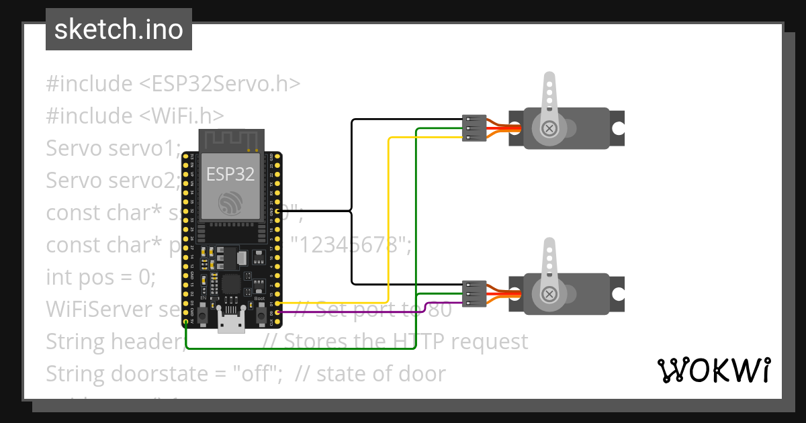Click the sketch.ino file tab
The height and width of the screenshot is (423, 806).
(118, 30)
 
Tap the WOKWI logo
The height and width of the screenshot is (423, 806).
(713, 370)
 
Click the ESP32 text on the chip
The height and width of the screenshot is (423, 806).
(230, 175)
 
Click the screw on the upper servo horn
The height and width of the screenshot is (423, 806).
(549, 128)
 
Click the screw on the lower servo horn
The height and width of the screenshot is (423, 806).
(549, 294)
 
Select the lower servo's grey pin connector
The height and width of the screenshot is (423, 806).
(474, 294)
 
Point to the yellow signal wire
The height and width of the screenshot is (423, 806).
(389, 222)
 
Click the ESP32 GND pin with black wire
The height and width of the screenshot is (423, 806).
(277, 211)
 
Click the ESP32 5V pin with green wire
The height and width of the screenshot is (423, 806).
(185, 322)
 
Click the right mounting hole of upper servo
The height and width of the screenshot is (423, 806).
(619, 128)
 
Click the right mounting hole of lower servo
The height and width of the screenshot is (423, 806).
(619, 294)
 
